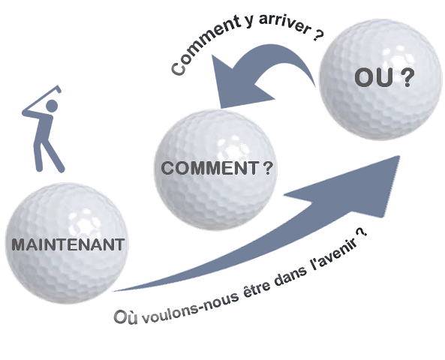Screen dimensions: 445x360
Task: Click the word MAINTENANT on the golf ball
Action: coord(68,244)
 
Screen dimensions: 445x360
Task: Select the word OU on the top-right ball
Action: coord(374,77)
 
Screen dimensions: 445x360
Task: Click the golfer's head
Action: coord(52,106)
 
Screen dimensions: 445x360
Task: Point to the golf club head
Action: coord(59,88)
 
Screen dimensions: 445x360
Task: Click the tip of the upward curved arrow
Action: coord(399,156)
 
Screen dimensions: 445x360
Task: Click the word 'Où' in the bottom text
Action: coord(125,316)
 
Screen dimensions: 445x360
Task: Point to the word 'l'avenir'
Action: coord(335,253)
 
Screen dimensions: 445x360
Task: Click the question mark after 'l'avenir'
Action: coord(362,232)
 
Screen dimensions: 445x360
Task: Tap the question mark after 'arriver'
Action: coord(319,34)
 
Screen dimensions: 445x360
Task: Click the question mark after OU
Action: coord(408,77)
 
